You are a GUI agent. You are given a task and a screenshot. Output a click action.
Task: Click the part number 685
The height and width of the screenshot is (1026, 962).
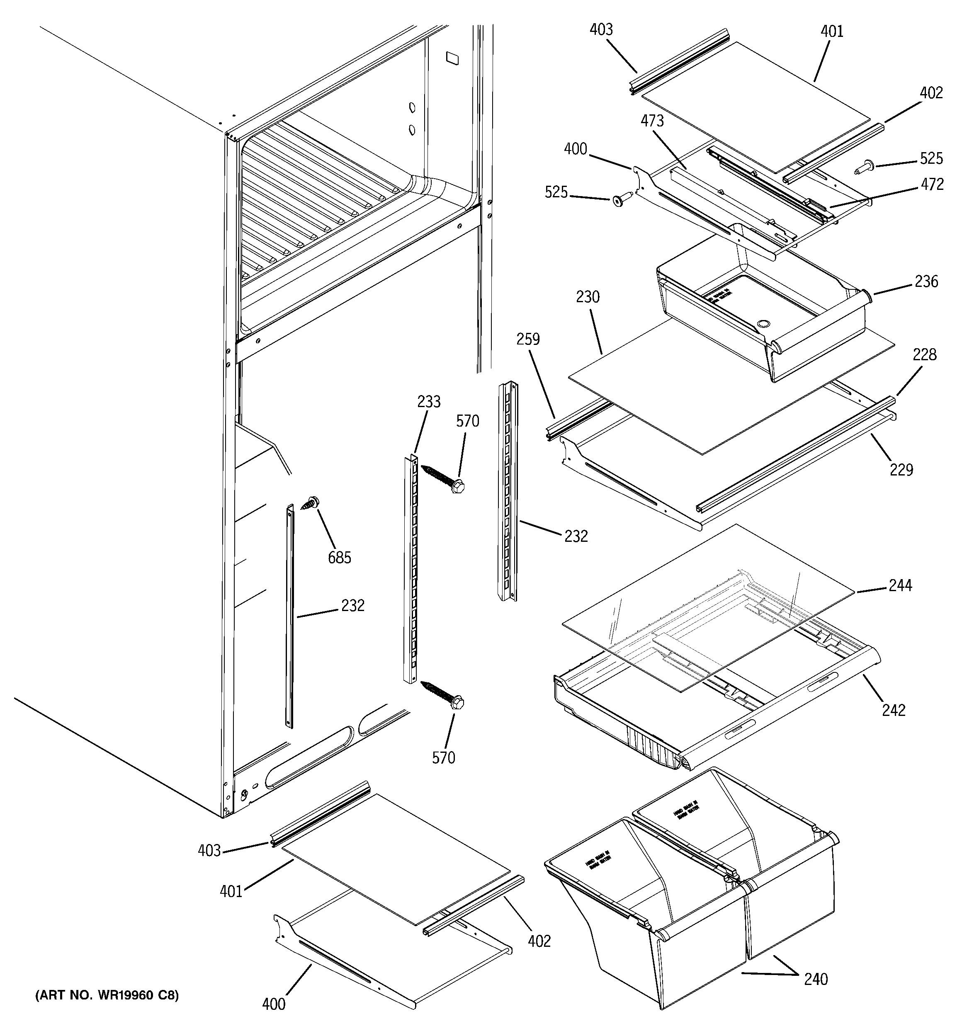339,558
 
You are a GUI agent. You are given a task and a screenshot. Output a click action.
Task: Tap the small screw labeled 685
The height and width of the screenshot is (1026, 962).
310,503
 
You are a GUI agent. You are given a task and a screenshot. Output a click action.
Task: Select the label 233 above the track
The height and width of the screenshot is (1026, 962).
429,402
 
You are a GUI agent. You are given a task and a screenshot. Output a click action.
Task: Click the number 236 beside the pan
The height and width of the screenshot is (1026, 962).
926,281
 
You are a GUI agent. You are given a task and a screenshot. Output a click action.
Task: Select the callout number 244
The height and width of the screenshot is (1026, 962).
900,585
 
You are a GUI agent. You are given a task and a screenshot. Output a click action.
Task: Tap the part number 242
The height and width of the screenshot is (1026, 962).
893,710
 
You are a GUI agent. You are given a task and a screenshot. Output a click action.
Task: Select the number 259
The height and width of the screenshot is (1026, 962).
528,339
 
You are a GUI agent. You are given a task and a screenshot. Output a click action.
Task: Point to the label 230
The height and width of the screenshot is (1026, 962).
588,297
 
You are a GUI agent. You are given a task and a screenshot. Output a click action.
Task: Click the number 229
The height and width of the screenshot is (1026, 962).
901,469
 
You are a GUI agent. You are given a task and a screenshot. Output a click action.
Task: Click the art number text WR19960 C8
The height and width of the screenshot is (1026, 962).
107,995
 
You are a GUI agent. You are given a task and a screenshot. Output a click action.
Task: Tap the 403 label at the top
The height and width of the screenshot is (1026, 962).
601,29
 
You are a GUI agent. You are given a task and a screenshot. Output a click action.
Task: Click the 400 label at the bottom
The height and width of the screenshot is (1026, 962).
274,1003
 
